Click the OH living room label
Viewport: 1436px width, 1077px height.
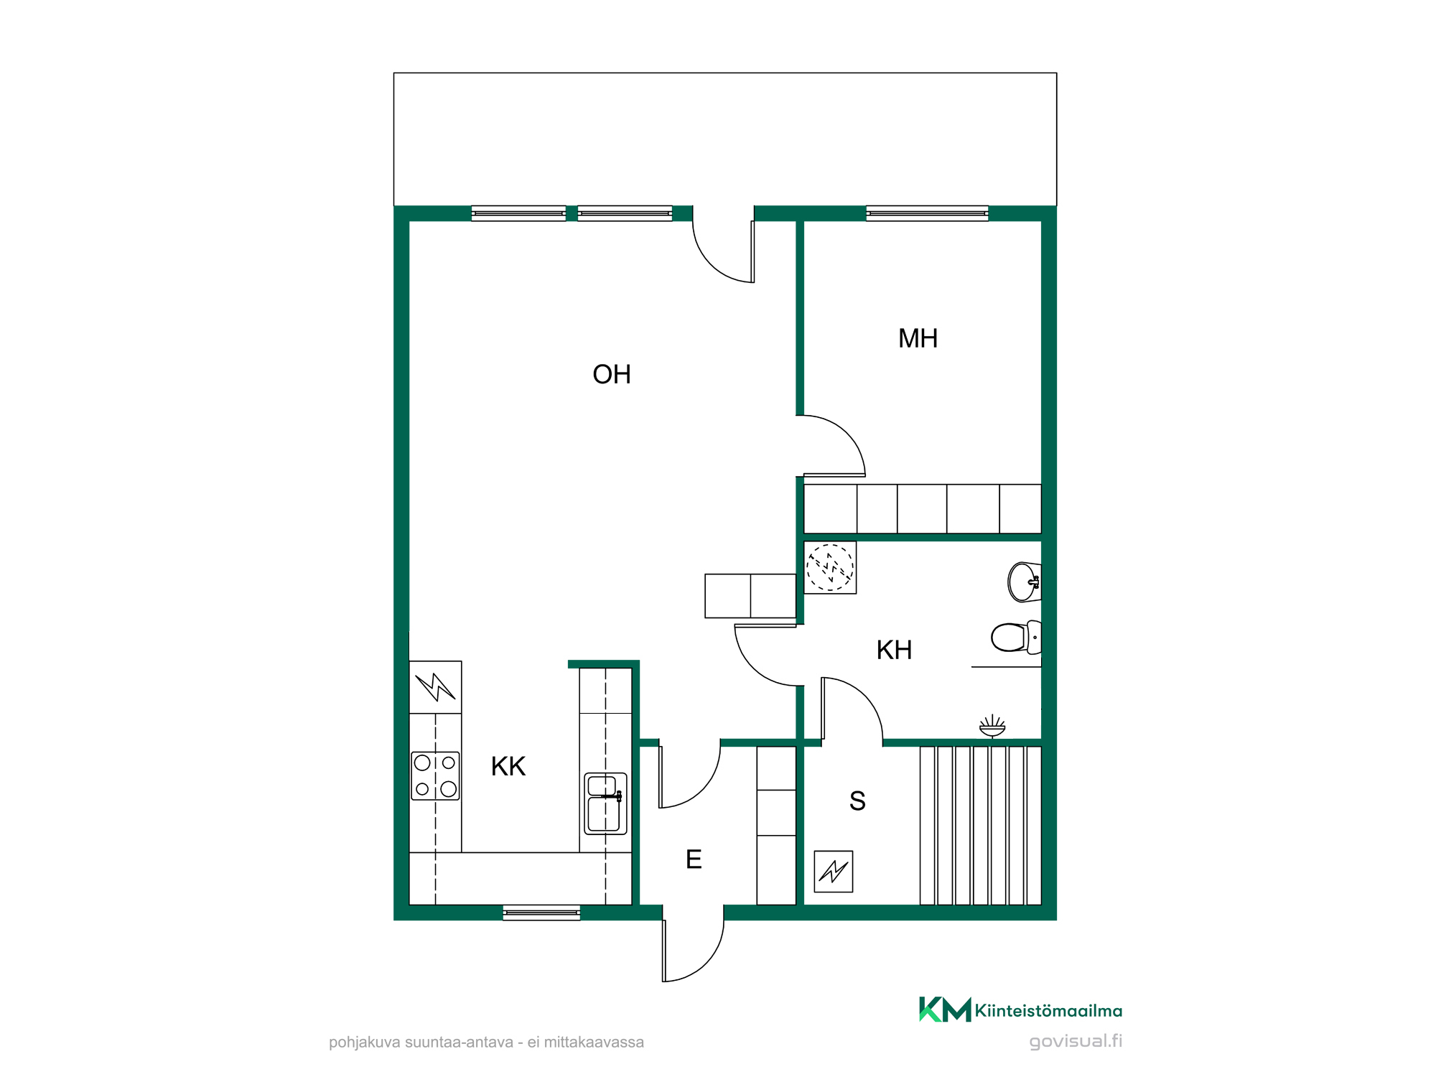(612, 374)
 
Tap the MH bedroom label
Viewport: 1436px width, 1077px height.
(918, 338)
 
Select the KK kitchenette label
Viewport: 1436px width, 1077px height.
(508, 766)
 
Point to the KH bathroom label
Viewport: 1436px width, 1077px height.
(894, 650)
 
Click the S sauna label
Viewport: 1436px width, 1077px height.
(857, 801)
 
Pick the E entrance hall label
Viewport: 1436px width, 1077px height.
(694, 859)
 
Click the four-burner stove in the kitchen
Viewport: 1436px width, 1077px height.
(435, 776)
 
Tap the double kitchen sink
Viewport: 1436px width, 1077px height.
(605, 803)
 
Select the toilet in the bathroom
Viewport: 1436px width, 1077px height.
(1016, 637)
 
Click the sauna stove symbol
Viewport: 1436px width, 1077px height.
(833, 872)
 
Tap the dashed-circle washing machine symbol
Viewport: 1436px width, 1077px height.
(830, 567)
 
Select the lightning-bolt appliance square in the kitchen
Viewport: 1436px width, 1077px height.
(435, 687)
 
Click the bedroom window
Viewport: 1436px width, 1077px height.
(927, 213)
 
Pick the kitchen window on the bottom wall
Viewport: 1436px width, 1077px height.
(541, 913)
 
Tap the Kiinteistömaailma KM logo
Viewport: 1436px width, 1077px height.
(945, 1010)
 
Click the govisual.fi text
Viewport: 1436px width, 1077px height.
(1076, 1042)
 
